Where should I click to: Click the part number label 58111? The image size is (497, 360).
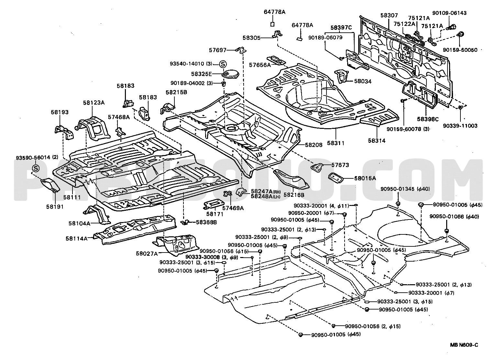tap(72, 197)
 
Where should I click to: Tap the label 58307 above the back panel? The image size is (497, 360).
tap(389, 15)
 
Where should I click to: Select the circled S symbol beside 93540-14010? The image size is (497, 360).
tap(223, 64)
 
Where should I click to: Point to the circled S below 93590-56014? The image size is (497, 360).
tap(36, 168)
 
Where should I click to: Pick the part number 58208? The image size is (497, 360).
tap(314, 145)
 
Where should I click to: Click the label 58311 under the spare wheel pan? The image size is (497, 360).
tap(336, 143)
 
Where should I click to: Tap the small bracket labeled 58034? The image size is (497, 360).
tap(342, 76)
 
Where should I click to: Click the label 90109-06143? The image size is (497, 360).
tap(449, 13)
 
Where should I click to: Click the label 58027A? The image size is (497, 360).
tap(147, 253)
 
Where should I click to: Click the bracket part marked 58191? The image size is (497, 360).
tap(50, 186)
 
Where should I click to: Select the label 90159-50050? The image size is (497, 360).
tap(460, 50)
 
